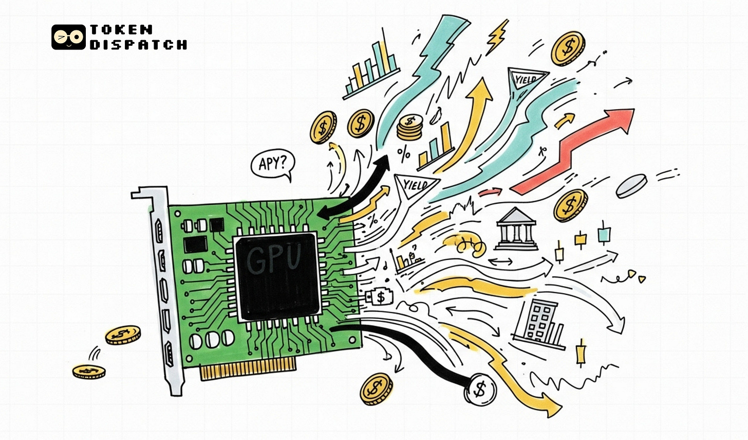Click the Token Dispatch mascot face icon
68,37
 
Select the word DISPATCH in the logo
138,44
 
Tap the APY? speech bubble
273,164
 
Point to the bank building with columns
516,226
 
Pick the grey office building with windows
539,322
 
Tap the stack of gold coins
409,127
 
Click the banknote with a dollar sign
380,297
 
